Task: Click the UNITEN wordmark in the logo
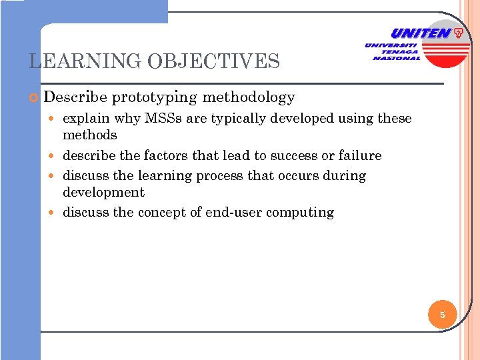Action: tap(420, 33)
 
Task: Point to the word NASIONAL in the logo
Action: tap(397, 58)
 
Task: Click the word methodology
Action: tap(248, 98)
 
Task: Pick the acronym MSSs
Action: tap(165, 119)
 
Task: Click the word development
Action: tap(103, 192)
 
